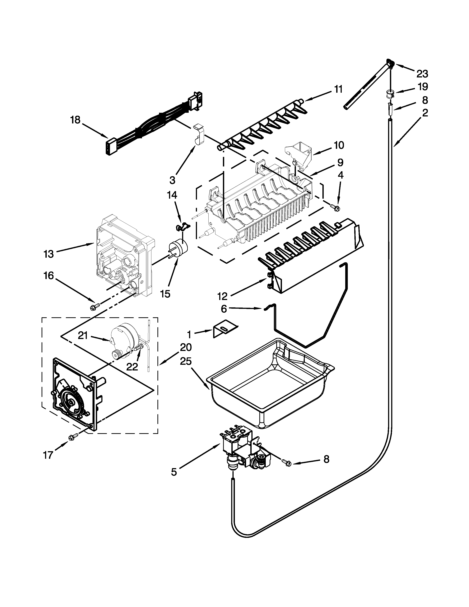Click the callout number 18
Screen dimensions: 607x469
[x=75, y=120]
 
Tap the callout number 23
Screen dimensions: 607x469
[x=422, y=74]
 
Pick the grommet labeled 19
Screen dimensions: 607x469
[x=390, y=94]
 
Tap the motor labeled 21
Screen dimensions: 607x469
[x=125, y=338]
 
